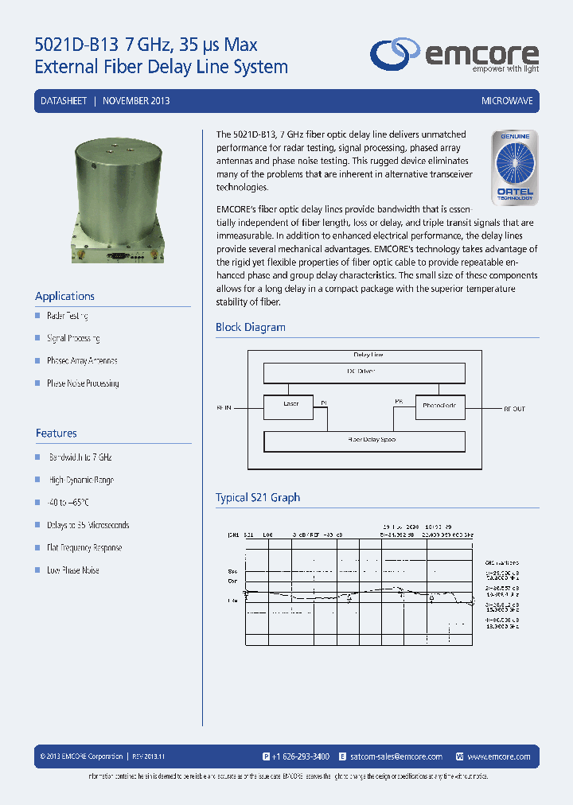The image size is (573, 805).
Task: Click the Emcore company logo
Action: [454, 55]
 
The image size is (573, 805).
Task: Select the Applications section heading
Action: [64, 296]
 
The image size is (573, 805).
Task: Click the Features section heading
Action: [56, 434]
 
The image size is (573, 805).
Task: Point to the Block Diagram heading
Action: [250, 327]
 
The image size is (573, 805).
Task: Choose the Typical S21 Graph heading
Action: [258, 497]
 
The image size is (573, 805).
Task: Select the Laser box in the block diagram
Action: [291, 405]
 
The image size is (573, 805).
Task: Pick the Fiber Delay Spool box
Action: [372, 440]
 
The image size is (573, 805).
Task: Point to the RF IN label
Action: [224, 409]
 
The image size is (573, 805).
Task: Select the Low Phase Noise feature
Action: [72, 570]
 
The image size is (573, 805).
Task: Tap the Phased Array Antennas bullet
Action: [82, 360]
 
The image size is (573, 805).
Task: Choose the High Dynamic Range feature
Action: [81, 480]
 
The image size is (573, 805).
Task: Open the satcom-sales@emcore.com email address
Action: [396, 756]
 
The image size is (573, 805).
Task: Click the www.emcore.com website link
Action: [499, 756]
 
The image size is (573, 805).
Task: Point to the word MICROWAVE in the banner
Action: [507, 101]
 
